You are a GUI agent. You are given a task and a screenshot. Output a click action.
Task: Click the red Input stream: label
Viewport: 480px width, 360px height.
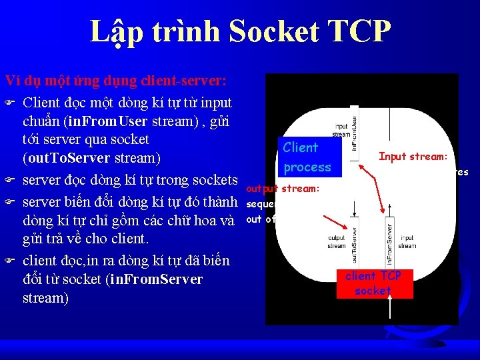pyautogui.click(x=412, y=157)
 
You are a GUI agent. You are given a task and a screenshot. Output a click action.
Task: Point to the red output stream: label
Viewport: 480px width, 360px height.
pyautogui.click(x=283, y=189)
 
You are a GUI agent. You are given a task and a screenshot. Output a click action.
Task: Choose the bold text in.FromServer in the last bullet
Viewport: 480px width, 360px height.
pyautogui.click(x=154, y=279)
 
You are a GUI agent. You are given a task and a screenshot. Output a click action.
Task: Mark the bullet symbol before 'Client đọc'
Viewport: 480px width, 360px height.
pyautogui.click(x=9, y=103)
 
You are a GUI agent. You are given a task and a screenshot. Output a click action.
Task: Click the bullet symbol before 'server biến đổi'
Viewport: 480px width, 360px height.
pyautogui.click(x=9, y=202)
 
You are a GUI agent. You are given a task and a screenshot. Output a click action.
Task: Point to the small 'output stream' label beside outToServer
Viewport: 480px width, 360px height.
pyautogui.click(x=337, y=241)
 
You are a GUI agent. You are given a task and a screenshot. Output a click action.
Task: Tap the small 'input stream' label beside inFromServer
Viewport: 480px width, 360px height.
pyautogui.click(x=407, y=241)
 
